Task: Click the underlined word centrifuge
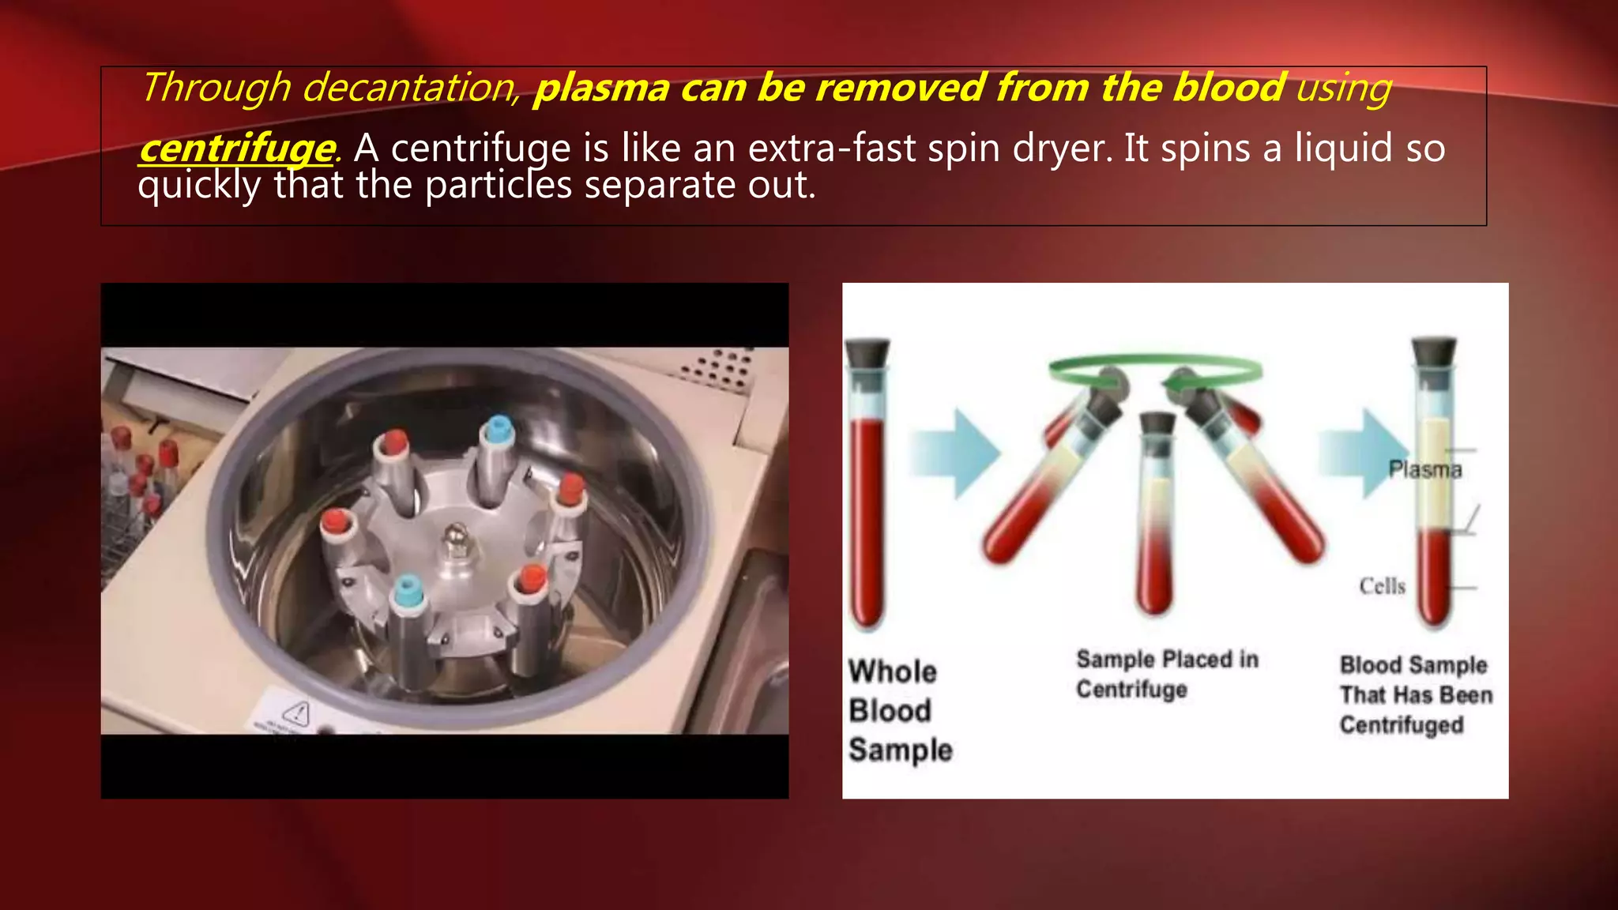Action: pyautogui.click(x=236, y=149)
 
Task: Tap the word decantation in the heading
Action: pyautogui.click(x=408, y=88)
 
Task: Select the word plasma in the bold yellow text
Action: pyautogui.click(x=601, y=88)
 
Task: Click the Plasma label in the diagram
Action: pyautogui.click(x=1425, y=470)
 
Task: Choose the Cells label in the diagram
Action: pyautogui.click(x=1383, y=586)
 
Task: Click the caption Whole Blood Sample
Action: pyautogui.click(x=899, y=710)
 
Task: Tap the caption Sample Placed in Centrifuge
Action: pyautogui.click(x=1166, y=674)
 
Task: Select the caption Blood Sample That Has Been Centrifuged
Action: pyautogui.click(x=1415, y=694)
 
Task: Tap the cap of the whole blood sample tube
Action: pyautogui.click(x=867, y=353)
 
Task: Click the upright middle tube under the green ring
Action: pyautogui.click(x=1156, y=513)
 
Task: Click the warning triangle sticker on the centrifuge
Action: pyautogui.click(x=296, y=713)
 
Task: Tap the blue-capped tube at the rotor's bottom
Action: pyautogui.click(x=408, y=592)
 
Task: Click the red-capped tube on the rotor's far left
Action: pyautogui.click(x=337, y=523)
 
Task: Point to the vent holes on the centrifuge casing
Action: pyautogui.click(x=719, y=370)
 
